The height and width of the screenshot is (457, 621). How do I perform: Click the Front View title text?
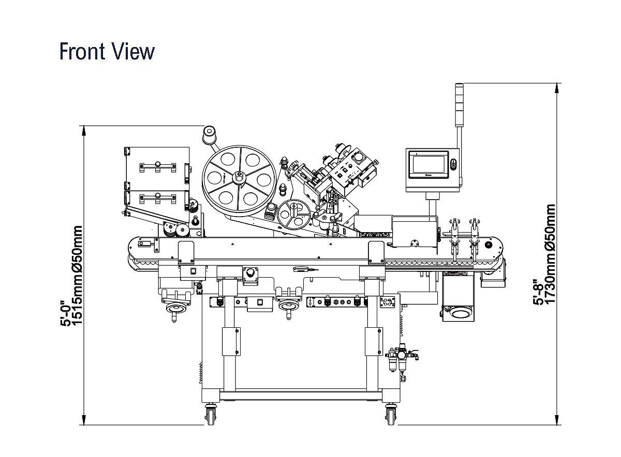(107, 52)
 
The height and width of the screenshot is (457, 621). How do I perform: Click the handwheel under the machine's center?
(288, 307)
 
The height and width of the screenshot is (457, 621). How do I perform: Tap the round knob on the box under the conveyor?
(252, 272)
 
